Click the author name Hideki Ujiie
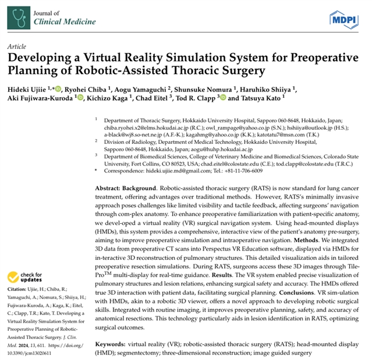coord(29,89)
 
